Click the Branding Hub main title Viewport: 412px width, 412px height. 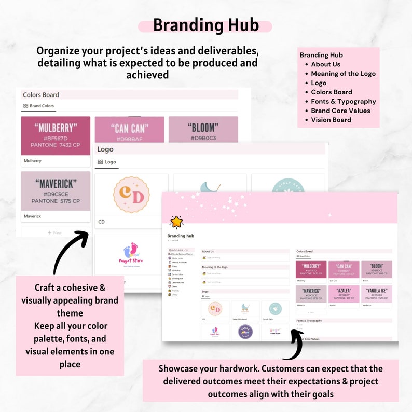pyautogui.click(x=205, y=25)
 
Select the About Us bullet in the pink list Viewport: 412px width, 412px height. pyautogui.click(x=325, y=64)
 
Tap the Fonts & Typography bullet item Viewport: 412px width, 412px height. pyautogui.click(x=343, y=102)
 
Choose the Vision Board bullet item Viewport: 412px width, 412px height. pyautogui.click(x=331, y=120)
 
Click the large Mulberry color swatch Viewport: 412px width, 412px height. pyautogui.click(x=56, y=135)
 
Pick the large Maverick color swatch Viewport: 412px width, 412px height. pyautogui.click(x=56, y=191)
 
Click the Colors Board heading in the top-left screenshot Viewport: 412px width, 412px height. pyautogui.click(x=41, y=95)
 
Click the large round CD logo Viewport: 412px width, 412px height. pyautogui.click(x=131, y=195)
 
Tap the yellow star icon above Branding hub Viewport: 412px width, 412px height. pyautogui.click(x=176, y=222)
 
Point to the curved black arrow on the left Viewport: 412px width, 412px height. pyautogui.click(x=70, y=252)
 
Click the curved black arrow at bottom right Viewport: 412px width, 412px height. pyautogui.click(x=294, y=345)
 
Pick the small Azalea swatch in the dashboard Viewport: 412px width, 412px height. pyautogui.click(x=344, y=294)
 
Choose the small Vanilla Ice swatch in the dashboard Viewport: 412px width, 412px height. pyautogui.click(x=376, y=294)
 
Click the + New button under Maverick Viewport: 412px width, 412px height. pyautogui.click(x=56, y=232)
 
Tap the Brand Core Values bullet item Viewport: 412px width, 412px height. pyautogui.click(x=340, y=111)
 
